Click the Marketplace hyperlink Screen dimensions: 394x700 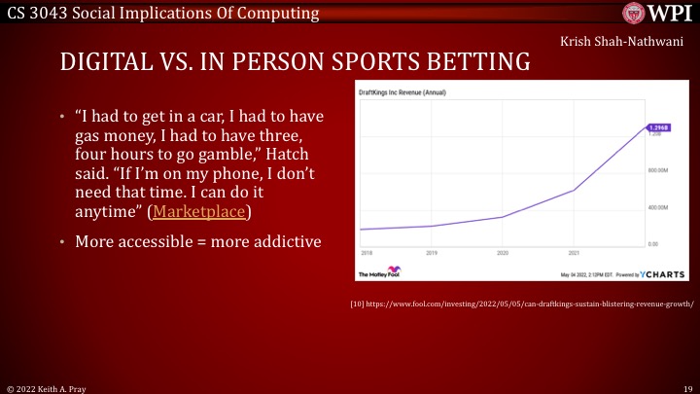point(202,211)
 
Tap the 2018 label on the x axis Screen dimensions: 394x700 point(367,251)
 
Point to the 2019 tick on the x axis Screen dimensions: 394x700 point(434,251)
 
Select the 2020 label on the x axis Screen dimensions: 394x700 point(503,251)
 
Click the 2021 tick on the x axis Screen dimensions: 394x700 point(574,251)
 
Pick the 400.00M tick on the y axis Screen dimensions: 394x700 point(658,207)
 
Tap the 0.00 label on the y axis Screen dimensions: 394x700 point(652,243)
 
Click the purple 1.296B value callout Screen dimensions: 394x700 point(657,128)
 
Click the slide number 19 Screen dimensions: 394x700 point(684,386)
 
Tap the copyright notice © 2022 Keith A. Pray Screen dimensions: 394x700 point(49,386)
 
